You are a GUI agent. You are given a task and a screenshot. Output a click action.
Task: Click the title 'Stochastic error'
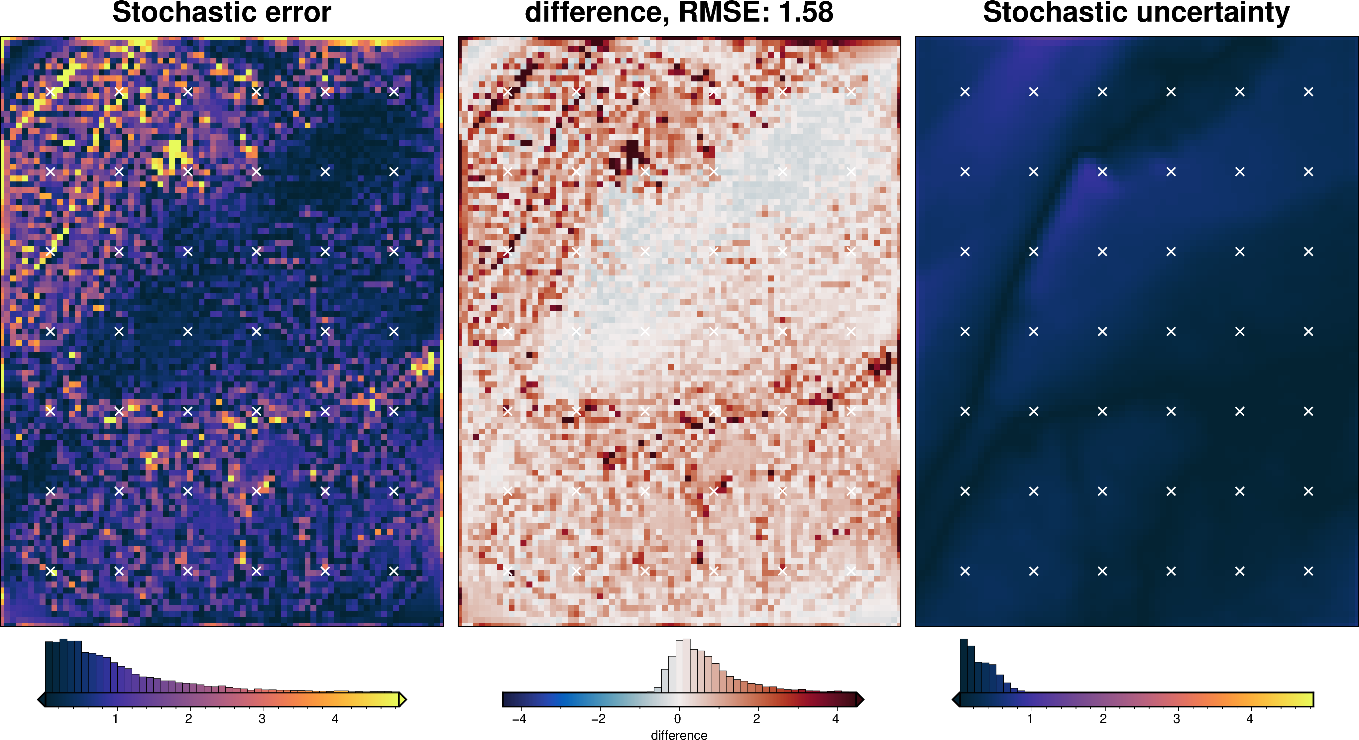tap(222, 13)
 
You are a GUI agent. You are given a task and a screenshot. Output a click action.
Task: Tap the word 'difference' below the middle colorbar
tap(679, 735)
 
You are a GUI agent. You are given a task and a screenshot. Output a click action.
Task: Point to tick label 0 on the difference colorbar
tap(677, 718)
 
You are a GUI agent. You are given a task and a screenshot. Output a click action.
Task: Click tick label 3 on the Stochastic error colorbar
tap(262, 718)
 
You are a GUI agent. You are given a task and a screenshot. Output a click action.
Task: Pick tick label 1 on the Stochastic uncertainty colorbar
tap(1029, 718)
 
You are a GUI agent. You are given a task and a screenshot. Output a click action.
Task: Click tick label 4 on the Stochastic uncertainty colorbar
tap(1249, 718)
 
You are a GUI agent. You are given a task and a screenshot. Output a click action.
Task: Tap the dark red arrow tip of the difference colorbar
tap(860, 700)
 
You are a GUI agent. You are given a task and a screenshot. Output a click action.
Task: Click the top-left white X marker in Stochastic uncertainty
tap(965, 92)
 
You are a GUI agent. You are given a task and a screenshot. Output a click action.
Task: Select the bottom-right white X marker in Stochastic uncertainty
tap(1308, 571)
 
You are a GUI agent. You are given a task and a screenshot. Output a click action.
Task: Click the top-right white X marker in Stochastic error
tap(394, 92)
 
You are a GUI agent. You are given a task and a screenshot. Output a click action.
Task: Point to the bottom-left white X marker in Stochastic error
tap(51, 571)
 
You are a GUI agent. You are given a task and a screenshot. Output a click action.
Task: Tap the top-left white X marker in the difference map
tap(508, 92)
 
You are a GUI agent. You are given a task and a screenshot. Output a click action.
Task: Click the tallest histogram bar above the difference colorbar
tap(686, 666)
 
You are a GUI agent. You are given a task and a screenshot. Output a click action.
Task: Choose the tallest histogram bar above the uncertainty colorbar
tap(963, 666)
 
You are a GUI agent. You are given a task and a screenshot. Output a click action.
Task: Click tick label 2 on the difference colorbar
tap(756, 718)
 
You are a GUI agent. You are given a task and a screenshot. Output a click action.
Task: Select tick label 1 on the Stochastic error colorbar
tap(115, 718)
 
